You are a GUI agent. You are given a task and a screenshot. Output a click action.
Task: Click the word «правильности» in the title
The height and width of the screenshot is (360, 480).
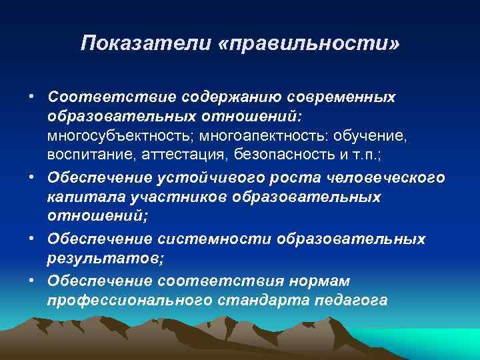point(308,45)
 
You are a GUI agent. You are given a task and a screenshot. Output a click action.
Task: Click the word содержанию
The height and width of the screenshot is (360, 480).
point(223,97)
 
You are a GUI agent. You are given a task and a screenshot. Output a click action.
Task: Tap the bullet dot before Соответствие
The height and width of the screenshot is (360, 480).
point(31,97)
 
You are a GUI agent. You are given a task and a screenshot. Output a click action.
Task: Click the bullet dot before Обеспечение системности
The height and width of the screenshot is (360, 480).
point(31,238)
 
